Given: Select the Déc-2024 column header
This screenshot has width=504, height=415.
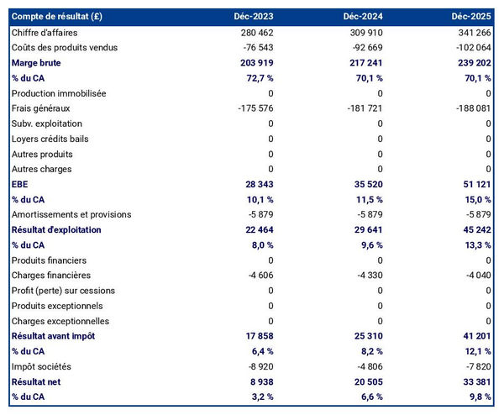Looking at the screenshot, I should pos(362,17).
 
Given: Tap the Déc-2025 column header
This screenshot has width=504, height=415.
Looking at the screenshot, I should pos(471,17).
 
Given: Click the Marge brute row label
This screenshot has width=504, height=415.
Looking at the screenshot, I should pos(36,63).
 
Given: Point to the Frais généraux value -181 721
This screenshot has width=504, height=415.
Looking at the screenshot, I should pos(365,108).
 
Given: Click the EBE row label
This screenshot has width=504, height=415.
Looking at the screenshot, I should pos(20,185).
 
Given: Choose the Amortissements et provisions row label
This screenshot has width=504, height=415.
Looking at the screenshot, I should pos(71,215).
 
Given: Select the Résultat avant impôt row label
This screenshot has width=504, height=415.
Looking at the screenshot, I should pos(53,336).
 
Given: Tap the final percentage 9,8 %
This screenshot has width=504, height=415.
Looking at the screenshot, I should pos(476,397).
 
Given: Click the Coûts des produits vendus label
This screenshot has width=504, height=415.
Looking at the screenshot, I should pos(66,47).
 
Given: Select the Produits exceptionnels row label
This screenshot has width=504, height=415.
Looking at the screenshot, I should pos(57,306).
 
